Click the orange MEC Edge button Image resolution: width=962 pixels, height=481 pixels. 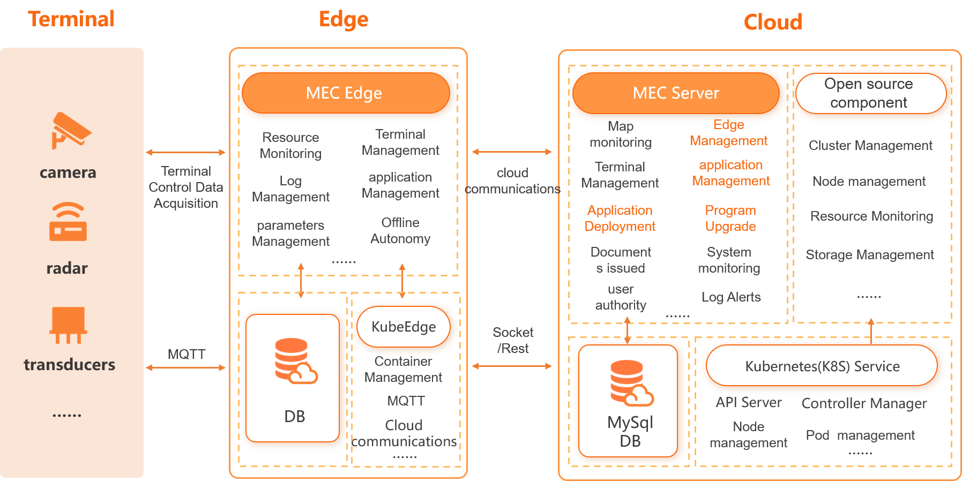point(346,93)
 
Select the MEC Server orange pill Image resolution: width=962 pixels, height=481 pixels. point(676,93)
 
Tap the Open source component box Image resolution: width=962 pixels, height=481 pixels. point(871,93)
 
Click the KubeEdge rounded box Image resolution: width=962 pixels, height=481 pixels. point(404,327)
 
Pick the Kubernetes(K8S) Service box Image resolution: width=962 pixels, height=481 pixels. point(822,365)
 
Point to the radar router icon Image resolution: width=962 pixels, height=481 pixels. point(68,222)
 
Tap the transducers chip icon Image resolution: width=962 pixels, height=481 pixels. point(68,325)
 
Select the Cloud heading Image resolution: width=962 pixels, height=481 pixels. point(773,22)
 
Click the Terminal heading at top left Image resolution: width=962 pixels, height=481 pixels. point(71,19)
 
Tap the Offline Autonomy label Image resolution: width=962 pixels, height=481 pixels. point(400,230)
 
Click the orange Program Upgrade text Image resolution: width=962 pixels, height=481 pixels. point(730,218)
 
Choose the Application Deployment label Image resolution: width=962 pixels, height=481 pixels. point(620,218)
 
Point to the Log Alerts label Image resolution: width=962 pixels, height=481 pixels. point(731,297)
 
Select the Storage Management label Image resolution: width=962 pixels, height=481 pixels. point(870,254)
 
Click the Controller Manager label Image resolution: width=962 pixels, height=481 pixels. point(864,403)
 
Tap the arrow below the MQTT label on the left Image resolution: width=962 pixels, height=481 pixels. point(186,367)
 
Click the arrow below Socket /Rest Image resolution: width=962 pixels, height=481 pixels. point(512,366)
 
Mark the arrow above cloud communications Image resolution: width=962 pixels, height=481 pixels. point(512,152)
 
